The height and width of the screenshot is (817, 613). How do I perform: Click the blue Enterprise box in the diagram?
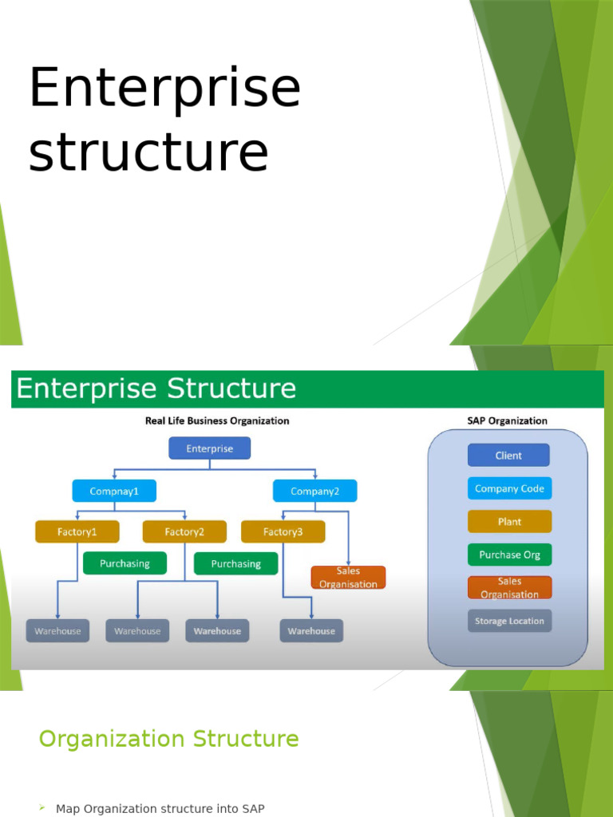[x=209, y=448]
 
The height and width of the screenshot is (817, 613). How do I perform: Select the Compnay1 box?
[x=114, y=491]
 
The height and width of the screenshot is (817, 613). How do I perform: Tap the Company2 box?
[x=314, y=491]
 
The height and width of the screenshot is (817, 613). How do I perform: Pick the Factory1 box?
[x=77, y=531]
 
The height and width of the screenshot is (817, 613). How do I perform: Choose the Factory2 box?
[x=184, y=531]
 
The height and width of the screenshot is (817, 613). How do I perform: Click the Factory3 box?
[x=283, y=531]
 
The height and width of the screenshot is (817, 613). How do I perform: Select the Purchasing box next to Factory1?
[x=125, y=563]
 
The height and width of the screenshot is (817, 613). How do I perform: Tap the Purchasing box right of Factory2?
[x=235, y=564]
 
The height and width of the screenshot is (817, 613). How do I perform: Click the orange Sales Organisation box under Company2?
[x=348, y=578]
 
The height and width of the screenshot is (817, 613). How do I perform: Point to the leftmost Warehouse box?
[x=57, y=631]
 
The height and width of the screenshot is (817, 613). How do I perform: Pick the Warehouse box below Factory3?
[x=311, y=631]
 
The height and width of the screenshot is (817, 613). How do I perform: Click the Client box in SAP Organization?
[x=508, y=456]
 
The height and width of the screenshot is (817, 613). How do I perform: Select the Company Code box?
[x=509, y=489]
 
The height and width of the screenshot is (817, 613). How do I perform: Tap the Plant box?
[x=509, y=522]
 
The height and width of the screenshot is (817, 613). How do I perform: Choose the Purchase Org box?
[x=509, y=555]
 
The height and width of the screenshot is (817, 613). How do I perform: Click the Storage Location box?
[x=509, y=621]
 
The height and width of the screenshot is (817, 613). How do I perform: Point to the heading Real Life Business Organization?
[x=217, y=420]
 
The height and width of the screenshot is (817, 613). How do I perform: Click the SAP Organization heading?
[x=507, y=420]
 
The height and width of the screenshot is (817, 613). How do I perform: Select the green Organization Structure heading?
[x=168, y=739]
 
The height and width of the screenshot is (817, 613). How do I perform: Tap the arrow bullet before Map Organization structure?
[x=42, y=808]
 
